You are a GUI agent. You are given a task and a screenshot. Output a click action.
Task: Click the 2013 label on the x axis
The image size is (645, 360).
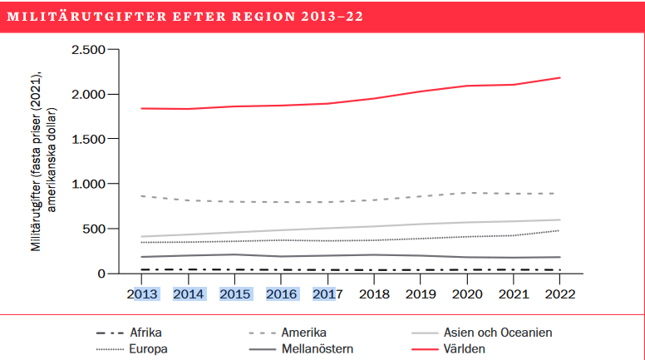click(x=142, y=293)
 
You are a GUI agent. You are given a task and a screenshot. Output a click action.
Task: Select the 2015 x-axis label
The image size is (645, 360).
click(x=236, y=293)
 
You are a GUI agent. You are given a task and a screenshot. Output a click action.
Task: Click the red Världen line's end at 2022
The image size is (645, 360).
click(x=559, y=78)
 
